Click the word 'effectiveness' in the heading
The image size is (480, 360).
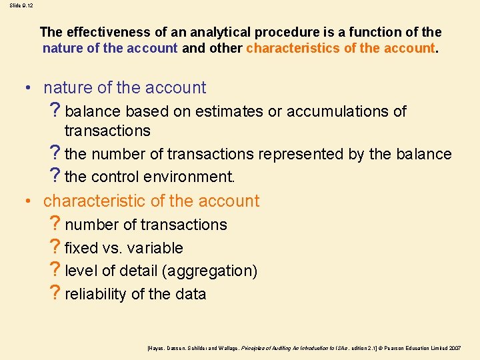point(107,32)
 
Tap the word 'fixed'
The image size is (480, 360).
point(81,248)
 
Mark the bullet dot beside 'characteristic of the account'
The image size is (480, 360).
point(29,201)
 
